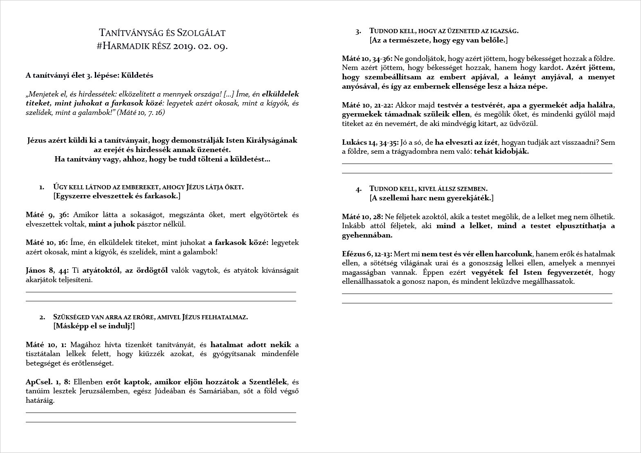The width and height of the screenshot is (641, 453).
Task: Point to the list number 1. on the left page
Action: coord(42,187)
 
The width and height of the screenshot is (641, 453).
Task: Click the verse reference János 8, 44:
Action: coord(47,271)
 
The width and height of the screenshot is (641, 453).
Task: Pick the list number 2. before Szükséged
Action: coord(42,317)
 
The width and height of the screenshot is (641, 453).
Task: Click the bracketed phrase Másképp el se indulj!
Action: coord(94,326)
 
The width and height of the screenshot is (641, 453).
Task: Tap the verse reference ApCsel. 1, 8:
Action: coord(48,382)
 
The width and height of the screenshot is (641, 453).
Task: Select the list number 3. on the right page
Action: coord(358,31)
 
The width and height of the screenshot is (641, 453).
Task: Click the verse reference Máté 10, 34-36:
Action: coord(367,59)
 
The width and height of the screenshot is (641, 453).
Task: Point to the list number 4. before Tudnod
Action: coord(359,189)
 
